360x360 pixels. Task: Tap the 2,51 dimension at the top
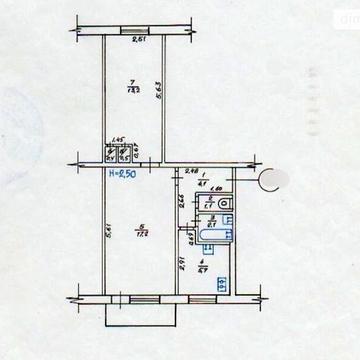139,40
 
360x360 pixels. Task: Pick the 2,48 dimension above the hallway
192,171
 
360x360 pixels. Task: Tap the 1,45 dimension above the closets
116,141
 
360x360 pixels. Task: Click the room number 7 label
132,83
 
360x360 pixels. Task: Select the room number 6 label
139,226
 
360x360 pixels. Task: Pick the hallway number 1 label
201,178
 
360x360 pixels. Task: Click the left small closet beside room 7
110,155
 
